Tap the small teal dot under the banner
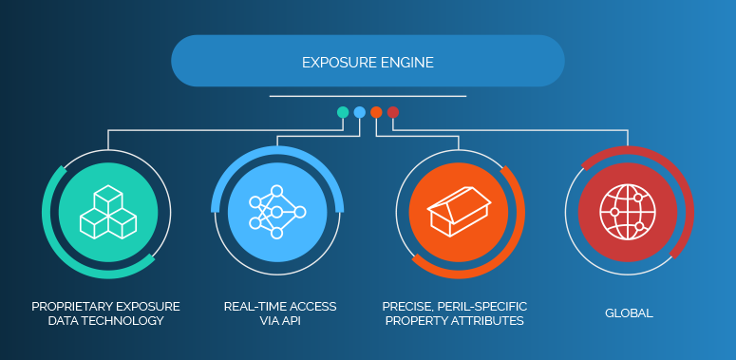(x=343, y=112)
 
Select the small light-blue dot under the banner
(x=360, y=112)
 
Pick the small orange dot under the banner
(x=376, y=112)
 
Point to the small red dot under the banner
(x=393, y=112)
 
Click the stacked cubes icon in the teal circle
(x=106, y=210)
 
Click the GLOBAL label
(x=629, y=313)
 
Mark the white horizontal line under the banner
(x=368, y=96)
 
